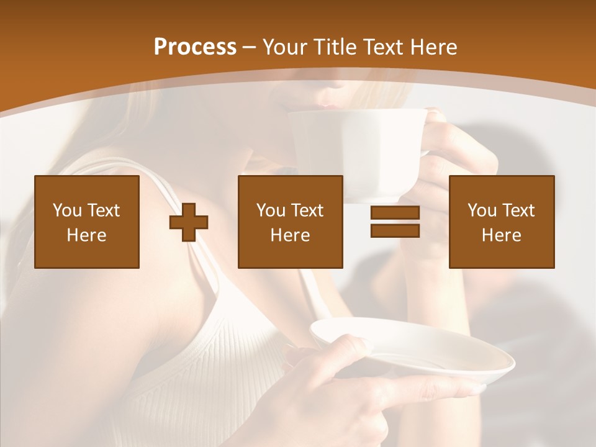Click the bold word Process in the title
[195, 47]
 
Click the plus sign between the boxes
[189, 222]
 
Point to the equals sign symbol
[395, 222]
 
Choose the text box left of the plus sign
[87, 222]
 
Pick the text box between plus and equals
[291, 222]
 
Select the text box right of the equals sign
[502, 222]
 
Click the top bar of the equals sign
[395, 213]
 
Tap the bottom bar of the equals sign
[395, 231]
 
